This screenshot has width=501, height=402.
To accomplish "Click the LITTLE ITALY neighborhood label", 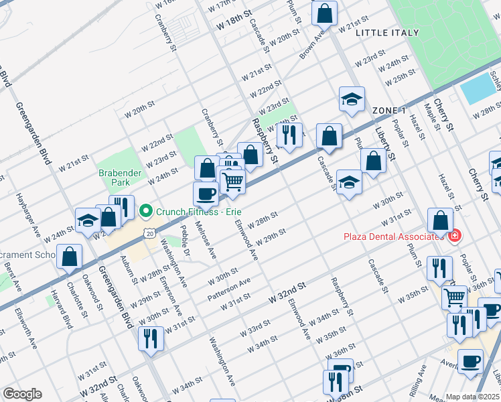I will click(387, 33).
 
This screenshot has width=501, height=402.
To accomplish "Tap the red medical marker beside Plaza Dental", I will click(454, 236).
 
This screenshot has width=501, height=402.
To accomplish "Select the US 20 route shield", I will click(149, 232).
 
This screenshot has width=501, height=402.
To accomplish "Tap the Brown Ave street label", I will click(307, 45).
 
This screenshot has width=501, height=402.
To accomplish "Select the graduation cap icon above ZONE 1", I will click(352, 99).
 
